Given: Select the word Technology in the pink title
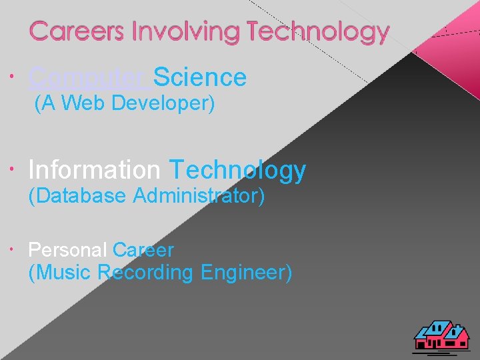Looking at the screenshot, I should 317,32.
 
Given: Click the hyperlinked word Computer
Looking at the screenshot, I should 89,79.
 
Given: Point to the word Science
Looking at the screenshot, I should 200,77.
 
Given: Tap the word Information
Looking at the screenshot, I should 94,170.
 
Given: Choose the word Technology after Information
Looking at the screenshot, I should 237,171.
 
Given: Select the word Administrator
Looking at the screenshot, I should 199,196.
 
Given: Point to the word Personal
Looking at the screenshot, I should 67,250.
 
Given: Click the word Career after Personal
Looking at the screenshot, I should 143,250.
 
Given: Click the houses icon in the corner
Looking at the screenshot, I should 441,335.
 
